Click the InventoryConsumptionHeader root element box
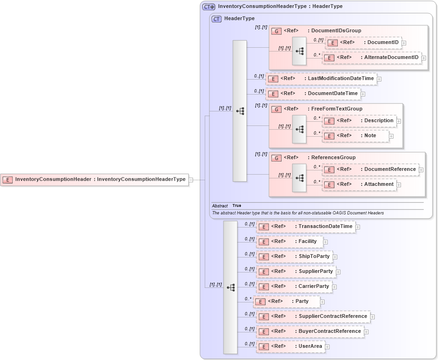pos(94,179)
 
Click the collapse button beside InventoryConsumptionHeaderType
pos(191,180)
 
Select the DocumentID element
pos(363,43)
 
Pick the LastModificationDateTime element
pos(321,79)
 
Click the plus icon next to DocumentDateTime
pos(363,94)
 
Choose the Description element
pos(359,121)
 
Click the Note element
pos(356,136)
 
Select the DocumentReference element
pos(370,169)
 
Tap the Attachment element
pos(359,184)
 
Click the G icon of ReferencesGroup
pos(276,158)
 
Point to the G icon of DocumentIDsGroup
pos(276,31)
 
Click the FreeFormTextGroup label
pos(337,109)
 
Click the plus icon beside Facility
pos(326,242)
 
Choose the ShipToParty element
pos(294,257)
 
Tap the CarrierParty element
pos(294,287)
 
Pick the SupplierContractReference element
pos(312,316)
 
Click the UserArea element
pos(290,346)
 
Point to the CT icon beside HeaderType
pos(216,19)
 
